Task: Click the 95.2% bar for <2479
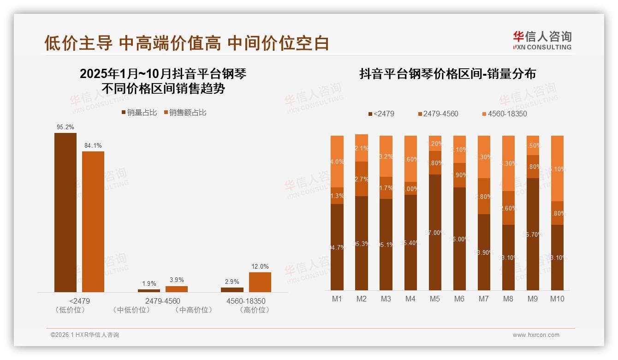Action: [65, 212]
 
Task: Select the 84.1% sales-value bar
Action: [93, 222]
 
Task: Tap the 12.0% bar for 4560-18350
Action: [260, 282]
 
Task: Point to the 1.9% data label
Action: [149, 283]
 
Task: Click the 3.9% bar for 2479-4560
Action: [177, 289]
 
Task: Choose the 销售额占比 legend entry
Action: [184, 112]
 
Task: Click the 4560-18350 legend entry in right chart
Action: [504, 114]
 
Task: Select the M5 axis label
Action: [434, 299]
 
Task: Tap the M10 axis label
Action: [557, 299]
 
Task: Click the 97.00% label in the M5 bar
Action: [434, 233]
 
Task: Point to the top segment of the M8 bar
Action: [508, 163]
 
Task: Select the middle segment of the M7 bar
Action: [484, 196]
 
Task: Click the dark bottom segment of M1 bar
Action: [337, 247]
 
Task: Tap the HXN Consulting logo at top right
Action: [542, 40]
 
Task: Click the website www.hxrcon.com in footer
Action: [536, 335]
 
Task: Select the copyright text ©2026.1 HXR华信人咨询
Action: [85, 335]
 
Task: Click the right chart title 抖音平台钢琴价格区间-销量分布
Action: [447, 74]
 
